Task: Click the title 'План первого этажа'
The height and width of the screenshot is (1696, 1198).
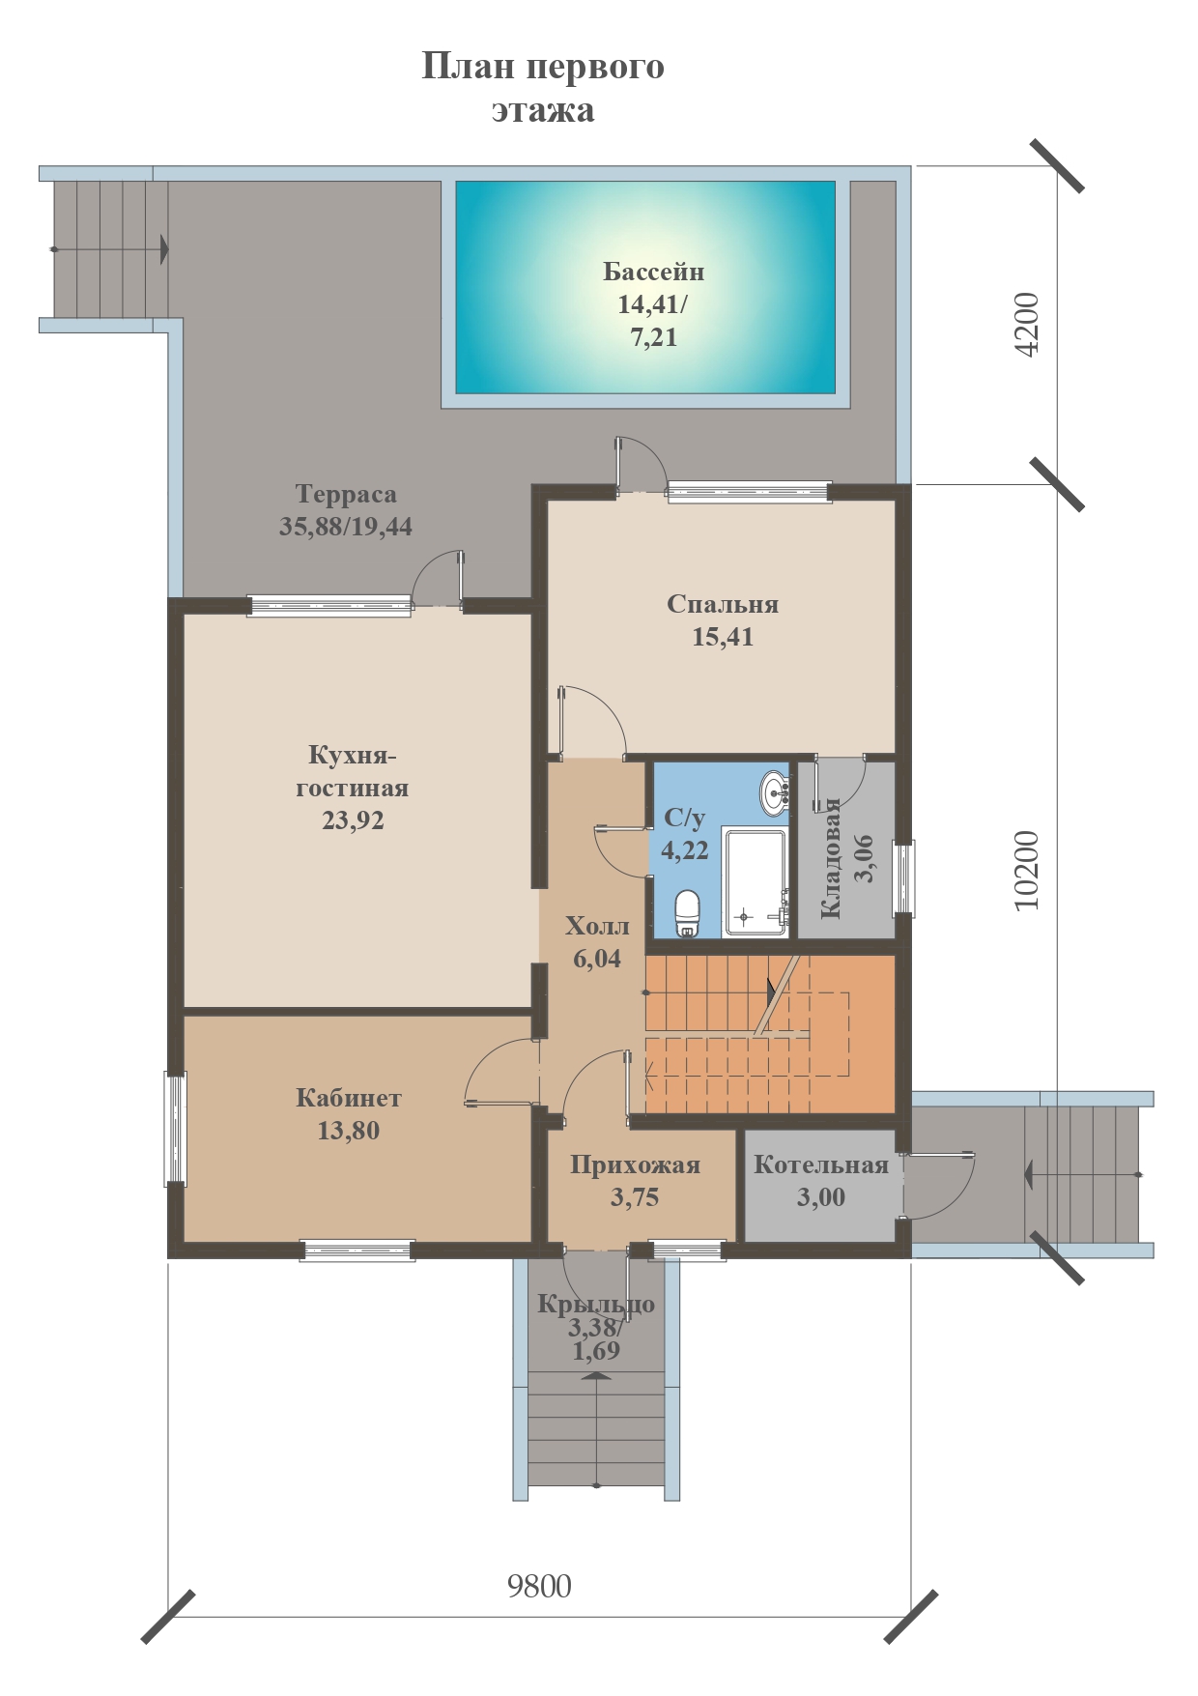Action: click(543, 88)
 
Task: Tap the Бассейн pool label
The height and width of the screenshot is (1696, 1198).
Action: click(654, 272)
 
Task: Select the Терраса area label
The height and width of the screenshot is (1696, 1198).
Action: click(346, 494)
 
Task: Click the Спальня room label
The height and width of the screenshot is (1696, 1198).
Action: click(723, 604)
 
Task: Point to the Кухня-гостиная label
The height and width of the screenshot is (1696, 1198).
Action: click(353, 771)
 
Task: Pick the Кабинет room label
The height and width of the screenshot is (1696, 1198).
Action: click(349, 1098)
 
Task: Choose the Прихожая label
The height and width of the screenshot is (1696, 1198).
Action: click(635, 1165)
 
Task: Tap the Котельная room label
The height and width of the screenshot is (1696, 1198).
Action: click(821, 1164)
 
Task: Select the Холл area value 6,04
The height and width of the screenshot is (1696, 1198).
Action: click(597, 959)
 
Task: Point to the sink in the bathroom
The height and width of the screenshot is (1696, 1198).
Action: click(775, 792)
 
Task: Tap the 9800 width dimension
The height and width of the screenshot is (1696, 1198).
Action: click(539, 1586)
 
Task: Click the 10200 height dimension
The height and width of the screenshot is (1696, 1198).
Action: click(1027, 870)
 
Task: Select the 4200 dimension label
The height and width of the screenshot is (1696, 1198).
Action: click(1027, 325)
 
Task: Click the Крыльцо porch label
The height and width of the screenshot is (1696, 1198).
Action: click(596, 1304)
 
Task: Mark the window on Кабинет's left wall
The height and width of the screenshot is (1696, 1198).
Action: click(175, 1128)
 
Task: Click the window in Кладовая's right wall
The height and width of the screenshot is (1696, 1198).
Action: click(903, 878)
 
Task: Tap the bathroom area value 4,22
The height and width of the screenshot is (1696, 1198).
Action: click(685, 850)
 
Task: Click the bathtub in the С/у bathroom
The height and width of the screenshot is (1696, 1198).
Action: click(756, 881)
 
